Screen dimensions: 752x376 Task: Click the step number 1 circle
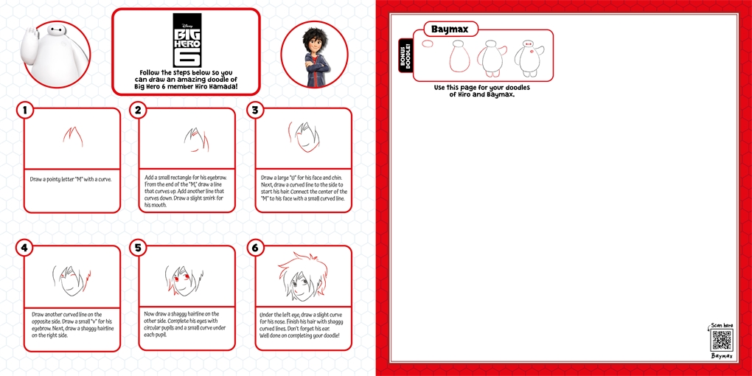pyautogui.click(x=25, y=110)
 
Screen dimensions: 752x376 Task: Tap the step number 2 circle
pyautogui.click(x=138, y=110)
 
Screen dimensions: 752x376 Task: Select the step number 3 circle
pyautogui.click(x=255, y=110)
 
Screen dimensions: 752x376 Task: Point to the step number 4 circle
pyautogui.click(x=25, y=248)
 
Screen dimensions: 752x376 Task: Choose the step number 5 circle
pyautogui.click(x=138, y=248)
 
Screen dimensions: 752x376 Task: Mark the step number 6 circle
pyautogui.click(x=255, y=248)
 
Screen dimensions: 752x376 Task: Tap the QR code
pyautogui.click(x=722, y=340)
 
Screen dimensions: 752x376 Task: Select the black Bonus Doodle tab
pyautogui.click(x=405, y=55)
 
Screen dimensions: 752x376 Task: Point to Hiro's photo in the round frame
pyautogui.click(x=314, y=55)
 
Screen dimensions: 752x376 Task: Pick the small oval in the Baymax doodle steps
pyautogui.click(x=428, y=43)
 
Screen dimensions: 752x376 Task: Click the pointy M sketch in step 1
pyautogui.click(x=72, y=136)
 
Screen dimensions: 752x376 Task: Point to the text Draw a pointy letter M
pyautogui.click(x=71, y=179)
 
